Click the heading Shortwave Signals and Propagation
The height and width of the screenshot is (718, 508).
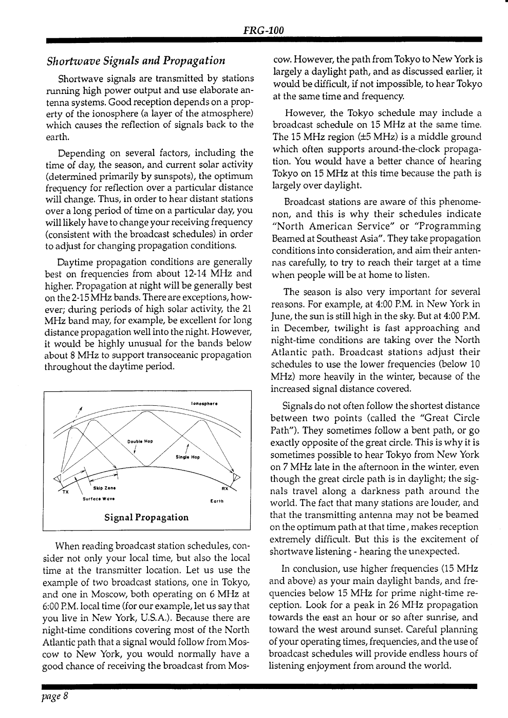(136, 60)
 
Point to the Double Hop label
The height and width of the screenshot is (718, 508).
(140, 441)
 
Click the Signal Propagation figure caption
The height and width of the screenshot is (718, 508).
(147, 517)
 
